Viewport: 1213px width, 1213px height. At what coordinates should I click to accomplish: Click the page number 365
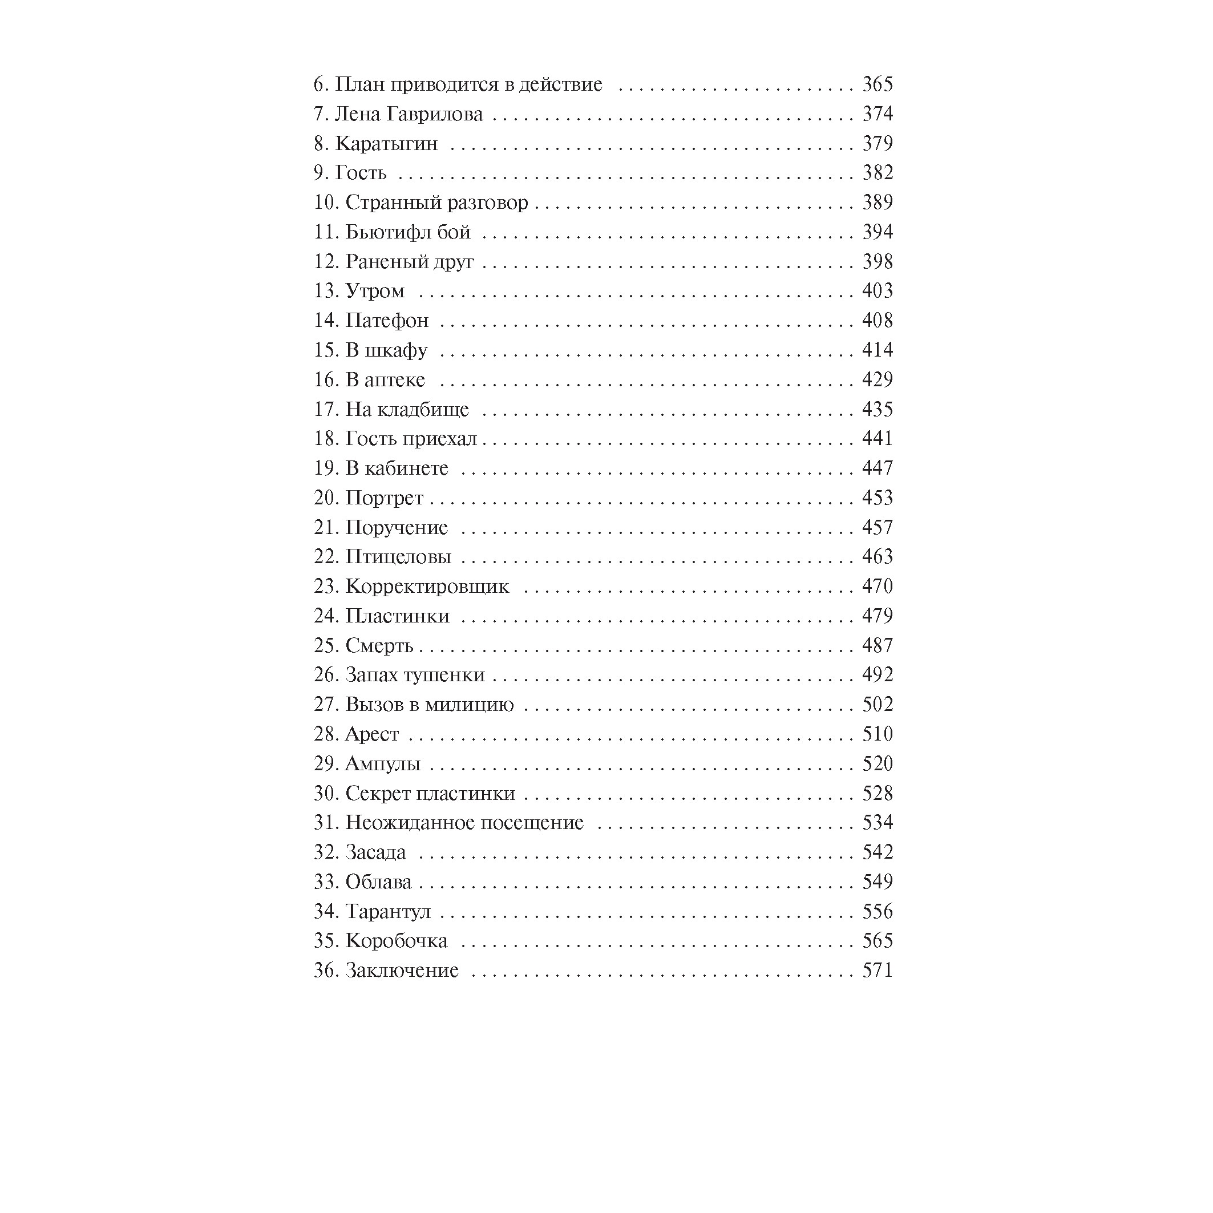877,84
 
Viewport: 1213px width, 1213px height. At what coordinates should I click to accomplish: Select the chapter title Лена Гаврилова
409,114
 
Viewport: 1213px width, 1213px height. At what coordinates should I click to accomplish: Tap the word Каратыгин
386,144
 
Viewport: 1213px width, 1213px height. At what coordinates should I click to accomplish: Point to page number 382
877,173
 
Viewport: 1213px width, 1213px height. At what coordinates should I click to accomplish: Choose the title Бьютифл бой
408,232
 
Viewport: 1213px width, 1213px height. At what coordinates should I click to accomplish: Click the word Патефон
387,321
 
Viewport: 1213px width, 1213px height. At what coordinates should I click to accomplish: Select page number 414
877,350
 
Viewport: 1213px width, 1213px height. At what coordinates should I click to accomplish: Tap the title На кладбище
407,409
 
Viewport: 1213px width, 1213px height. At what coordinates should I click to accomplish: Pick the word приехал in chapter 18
439,439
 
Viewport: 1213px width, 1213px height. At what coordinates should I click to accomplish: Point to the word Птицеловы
398,557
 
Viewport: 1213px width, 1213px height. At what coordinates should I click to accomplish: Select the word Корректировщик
427,587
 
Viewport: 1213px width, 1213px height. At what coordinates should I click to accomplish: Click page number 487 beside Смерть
877,645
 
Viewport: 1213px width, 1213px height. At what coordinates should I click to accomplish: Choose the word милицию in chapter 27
470,705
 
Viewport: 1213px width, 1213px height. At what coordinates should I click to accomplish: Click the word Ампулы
383,764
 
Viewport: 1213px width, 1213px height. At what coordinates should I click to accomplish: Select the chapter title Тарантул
388,912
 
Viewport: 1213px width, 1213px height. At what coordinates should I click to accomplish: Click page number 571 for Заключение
877,971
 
